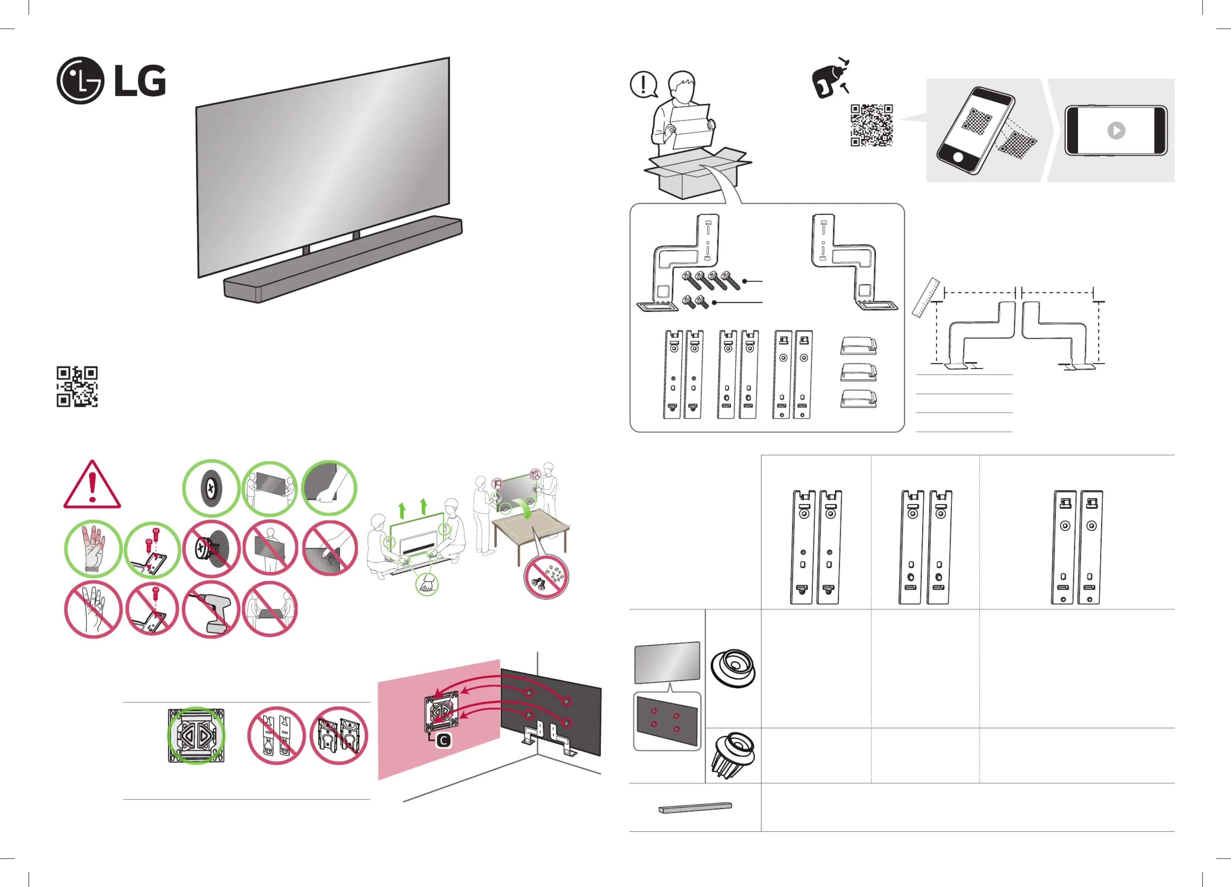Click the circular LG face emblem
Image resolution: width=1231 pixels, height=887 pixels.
click(x=80, y=80)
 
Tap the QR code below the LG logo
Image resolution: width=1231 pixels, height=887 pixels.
click(x=77, y=386)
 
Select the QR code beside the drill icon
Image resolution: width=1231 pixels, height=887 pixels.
click(x=871, y=125)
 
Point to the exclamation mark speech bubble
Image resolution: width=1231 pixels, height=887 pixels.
click(x=643, y=85)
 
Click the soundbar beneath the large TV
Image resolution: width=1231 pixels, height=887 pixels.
click(x=343, y=259)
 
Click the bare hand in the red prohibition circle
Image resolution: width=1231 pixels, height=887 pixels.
click(x=93, y=609)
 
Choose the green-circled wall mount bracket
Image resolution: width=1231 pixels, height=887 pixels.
click(x=196, y=736)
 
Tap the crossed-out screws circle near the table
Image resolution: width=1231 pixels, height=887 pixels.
click(x=546, y=576)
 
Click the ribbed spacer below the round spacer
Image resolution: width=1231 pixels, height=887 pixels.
click(x=733, y=754)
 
